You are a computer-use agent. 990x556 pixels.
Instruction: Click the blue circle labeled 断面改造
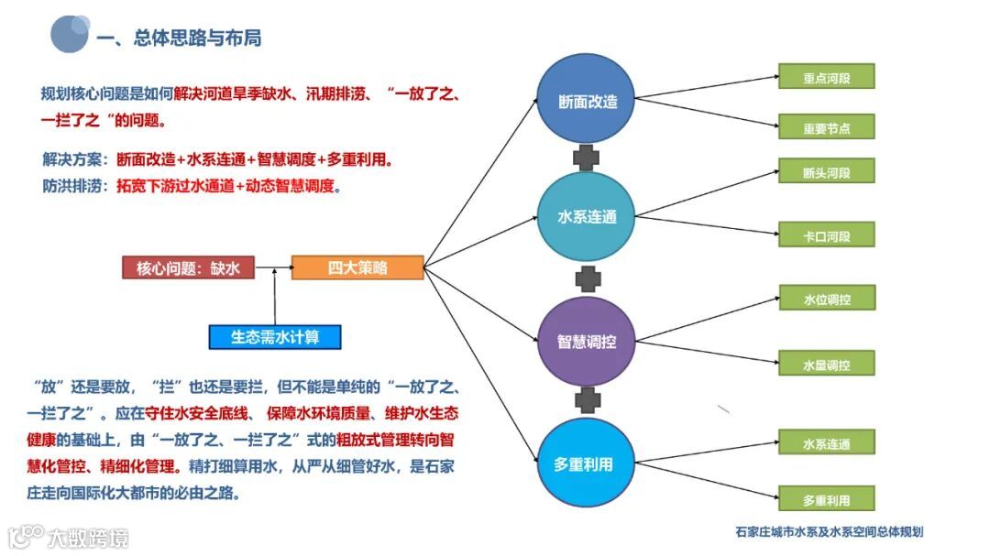[x=588, y=102]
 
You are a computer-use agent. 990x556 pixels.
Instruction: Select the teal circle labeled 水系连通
[x=588, y=217]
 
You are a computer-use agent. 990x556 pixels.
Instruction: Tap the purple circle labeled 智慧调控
[x=588, y=342]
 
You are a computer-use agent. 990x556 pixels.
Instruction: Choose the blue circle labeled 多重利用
[x=588, y=463]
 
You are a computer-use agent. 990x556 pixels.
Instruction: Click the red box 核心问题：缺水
[x=188, y=267]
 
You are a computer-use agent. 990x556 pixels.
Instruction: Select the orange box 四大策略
[x=357, y=267]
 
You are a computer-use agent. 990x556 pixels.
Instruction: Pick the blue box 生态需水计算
[x=275, y=336]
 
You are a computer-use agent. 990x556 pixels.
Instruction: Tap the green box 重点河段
[x=827, y=77]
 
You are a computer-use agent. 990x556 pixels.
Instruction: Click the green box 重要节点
[x=827, y=127]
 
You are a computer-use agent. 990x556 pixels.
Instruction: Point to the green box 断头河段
[x=827, y=171]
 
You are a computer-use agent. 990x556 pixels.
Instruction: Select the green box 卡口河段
[x=827, y=235]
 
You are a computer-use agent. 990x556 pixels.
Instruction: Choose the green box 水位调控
[x=827, y=299]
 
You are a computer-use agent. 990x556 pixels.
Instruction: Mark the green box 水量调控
[x=827, y=364]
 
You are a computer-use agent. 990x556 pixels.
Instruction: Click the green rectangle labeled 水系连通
[x=827, y=443]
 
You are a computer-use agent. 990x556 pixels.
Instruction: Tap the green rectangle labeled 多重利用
[x=827, y=499]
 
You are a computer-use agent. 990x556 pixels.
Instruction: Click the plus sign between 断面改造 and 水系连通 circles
[x=587, y=158]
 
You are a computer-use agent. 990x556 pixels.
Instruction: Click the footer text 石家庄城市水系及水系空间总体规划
[x=829, y=531]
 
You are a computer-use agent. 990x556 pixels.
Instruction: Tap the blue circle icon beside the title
[x=70, y=34]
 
